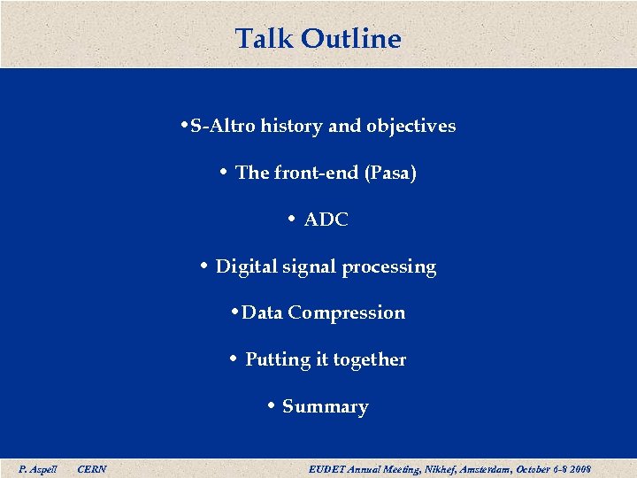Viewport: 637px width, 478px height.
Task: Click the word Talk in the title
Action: (x=265, y=39)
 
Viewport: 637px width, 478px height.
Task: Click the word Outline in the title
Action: (x=350, y=39)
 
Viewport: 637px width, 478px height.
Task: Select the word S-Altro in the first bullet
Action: (x=222, y=126)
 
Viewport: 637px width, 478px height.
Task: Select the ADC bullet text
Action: (x=326, y=220)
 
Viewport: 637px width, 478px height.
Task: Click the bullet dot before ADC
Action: (x=291, y=220)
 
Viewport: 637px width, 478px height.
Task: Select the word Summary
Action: (x=325, y=406)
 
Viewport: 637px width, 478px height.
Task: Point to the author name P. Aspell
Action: (x=38, y=468)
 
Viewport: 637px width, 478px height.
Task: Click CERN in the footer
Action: (x=92, y=468)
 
